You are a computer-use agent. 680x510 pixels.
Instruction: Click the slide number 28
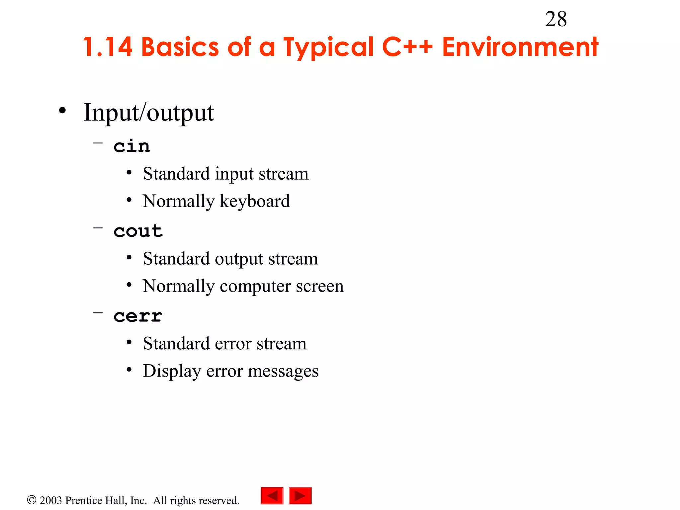point(556,19)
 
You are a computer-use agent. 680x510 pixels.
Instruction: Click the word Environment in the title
point(520,47)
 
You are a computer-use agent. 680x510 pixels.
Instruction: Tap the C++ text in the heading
point(407,47)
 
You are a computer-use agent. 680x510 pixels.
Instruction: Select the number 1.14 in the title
point(108,47)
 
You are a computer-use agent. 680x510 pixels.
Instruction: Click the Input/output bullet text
point(149,113)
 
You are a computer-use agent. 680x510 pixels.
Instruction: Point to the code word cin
point(131,146)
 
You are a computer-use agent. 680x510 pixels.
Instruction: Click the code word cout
point(138,231)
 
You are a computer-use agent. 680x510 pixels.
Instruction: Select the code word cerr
point(138,316)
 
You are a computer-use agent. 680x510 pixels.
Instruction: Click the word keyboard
point(255,202)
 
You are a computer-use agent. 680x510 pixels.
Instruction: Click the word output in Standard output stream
point(239,259)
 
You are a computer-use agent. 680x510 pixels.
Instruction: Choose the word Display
point(172,371)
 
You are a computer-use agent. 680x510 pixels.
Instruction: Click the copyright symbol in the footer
point(32,500)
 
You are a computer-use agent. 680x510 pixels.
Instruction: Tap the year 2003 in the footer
point(51,500)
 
